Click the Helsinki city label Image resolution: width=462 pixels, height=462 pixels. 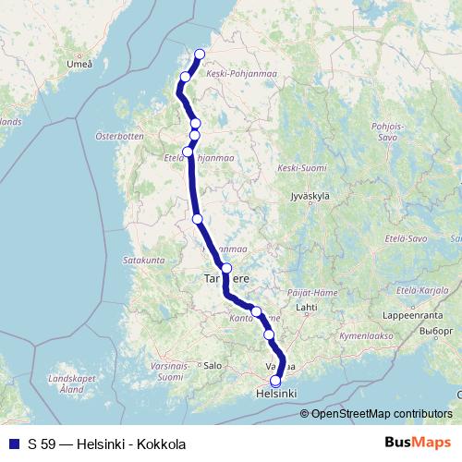(x=274, y=395)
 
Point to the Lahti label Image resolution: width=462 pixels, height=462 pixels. (x=306, y=306)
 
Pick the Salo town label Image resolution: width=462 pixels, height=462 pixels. (x=213, y=365)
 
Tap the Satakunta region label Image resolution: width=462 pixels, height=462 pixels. (x=142, y=261)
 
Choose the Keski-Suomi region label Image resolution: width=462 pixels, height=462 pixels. (x=302, y=168)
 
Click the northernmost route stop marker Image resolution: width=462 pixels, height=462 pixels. (x=200, y=54)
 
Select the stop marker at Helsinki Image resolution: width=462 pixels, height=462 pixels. (x=275, y=381)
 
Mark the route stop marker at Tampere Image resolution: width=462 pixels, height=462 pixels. (x=226, y=268)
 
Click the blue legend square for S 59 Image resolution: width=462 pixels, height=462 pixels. (x=13, y=444)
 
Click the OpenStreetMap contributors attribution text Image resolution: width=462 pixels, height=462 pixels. (x=382, y=414)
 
